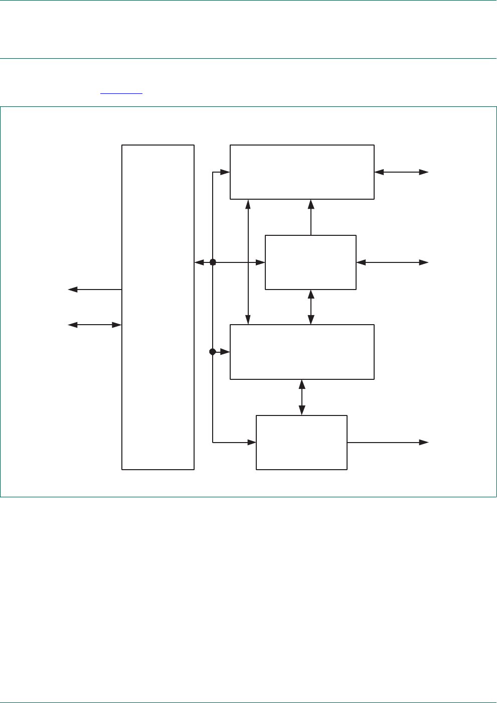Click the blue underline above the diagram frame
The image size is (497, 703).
[x=121, y=93]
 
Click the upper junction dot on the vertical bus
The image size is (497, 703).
[x=213, y=262]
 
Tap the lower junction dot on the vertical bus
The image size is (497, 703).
[x=213, y=352]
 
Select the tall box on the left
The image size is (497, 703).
[x=158, y=307]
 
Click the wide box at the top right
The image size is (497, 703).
[x=302, y=172]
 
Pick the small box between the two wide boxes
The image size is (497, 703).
[x=310, y=262]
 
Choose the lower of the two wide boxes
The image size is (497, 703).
[x=302, y=352]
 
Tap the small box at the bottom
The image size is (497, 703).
[x=301, y=443]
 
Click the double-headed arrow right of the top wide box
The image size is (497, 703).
[x=401, y=172]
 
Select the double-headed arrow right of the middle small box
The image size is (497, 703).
[x=392, y=262]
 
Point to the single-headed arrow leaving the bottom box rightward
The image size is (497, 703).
[x=388, y=443]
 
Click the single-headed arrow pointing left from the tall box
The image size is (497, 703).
[x=95, y=290]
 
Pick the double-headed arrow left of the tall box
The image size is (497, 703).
[x=95, y=325]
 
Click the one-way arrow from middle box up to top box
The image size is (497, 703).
[x=311, y=217]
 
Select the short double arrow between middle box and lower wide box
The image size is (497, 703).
[x=311, y=307]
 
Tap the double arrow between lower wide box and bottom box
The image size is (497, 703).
[x=302, y=397]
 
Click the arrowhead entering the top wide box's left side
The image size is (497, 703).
[x=225, y=172]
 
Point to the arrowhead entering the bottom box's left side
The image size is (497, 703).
[x=251, y=443]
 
